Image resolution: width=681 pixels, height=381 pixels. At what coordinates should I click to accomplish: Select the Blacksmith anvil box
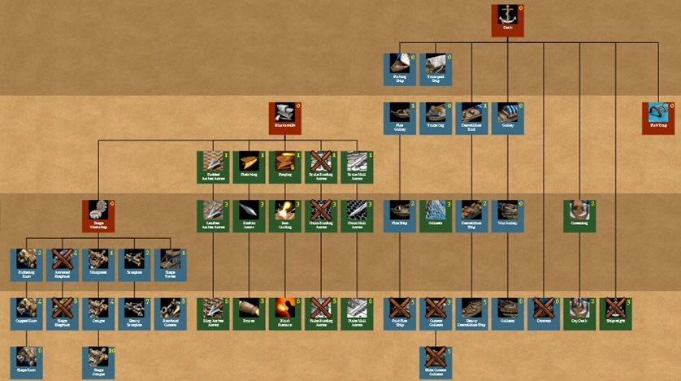(284, 118)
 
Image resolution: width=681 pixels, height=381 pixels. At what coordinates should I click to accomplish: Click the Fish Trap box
(657, 118)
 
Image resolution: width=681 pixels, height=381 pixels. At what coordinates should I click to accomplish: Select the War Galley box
(507, 215)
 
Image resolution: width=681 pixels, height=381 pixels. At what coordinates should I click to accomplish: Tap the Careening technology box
(579, 215)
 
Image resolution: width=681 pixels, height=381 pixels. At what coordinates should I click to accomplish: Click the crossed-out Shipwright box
(615, 313)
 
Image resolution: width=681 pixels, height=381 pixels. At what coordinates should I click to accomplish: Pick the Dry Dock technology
(579, 313)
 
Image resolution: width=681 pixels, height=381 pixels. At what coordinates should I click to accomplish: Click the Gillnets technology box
(435, 215)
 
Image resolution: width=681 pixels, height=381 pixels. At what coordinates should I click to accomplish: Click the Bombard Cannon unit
(169, 313)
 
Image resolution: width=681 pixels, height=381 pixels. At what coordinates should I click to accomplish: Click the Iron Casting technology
(284, 215)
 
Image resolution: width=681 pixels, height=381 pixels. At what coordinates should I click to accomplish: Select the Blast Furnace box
(284, 313)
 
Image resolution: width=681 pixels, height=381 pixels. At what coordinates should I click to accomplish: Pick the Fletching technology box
(249, 167)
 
